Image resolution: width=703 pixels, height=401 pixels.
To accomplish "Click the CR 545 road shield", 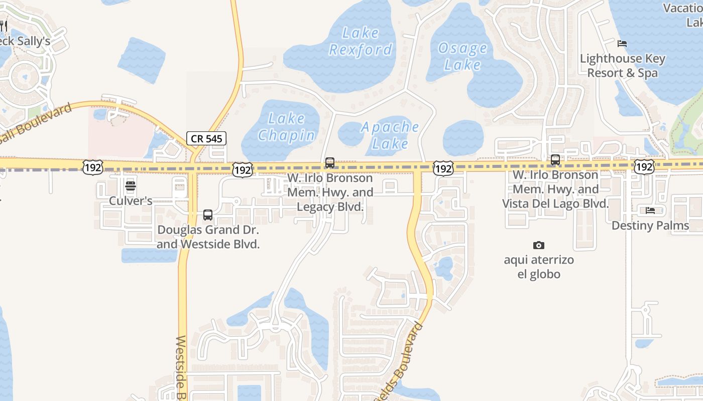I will pos(206,138).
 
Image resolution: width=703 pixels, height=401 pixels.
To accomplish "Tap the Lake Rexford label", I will pos(361,41).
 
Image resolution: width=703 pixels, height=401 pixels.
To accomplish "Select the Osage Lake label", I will pos(462,56).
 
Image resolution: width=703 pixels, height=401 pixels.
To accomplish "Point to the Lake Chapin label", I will pos(287,126).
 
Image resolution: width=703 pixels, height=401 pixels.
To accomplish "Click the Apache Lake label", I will pos(390,135).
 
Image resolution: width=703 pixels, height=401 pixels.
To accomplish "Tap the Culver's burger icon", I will pos(131,186).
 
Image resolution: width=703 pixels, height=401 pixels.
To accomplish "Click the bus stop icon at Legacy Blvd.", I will pos(329,162).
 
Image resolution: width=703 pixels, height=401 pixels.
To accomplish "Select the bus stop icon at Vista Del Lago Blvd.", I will pos(555,160).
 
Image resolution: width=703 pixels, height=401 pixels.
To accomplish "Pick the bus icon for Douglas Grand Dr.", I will pos(207,215).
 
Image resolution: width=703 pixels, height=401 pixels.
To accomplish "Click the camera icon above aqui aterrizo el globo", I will pos(539,245).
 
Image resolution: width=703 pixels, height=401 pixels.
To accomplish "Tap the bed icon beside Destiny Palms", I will pos(650,211).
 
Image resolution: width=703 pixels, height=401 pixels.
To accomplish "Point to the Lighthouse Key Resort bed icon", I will pos(622,44).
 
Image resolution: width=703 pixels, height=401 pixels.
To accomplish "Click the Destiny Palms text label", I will pos(650,226).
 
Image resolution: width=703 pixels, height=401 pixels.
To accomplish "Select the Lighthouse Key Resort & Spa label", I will pos(623,66).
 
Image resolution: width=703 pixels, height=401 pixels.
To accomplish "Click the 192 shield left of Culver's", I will pos(93,167).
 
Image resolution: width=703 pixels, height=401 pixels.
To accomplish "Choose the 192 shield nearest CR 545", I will pos(243,170).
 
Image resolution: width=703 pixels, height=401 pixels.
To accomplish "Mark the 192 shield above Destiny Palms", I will pos(644,166).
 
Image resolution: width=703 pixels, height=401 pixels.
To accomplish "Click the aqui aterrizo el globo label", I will pos(539,267).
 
